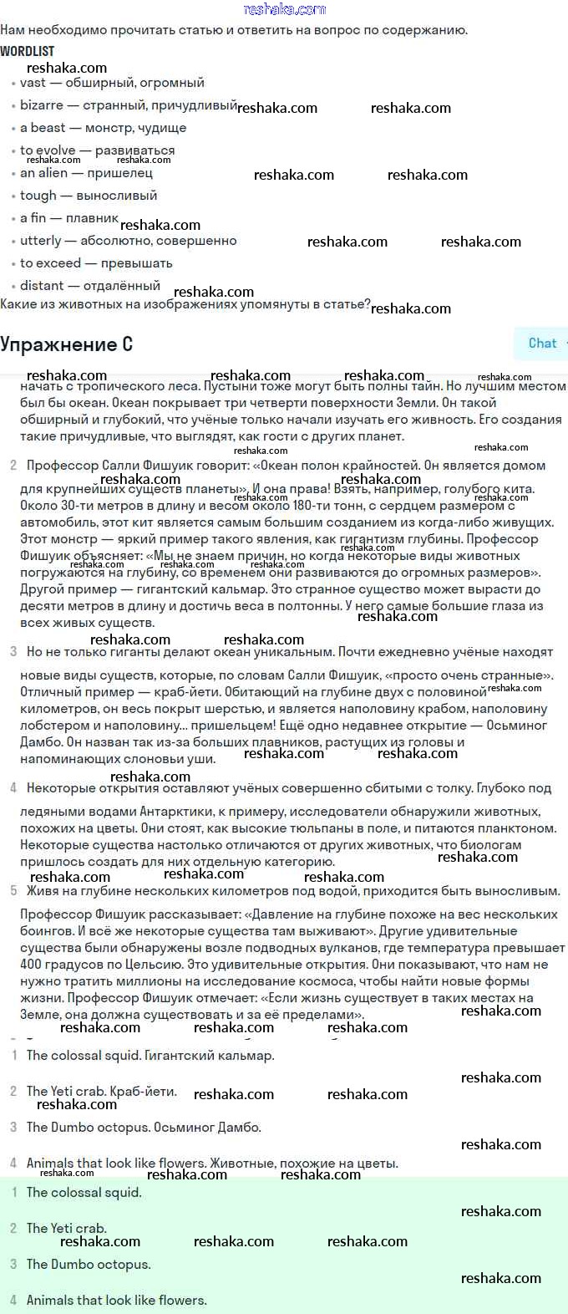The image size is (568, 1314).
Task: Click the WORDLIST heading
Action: click(27, 51)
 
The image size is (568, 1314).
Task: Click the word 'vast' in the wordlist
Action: click(33, 83)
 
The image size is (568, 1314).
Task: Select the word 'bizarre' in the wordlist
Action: click(42, 105)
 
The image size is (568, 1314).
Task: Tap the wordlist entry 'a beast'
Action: click(43, 128)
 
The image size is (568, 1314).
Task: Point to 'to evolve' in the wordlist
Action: click(48, 150)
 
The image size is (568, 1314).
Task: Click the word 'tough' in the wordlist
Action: click(38, 196)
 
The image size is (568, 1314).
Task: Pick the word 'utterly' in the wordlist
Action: click(41, 241)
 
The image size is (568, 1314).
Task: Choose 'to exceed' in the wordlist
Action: click(50, 263)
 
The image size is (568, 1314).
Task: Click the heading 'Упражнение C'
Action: click(66, 344)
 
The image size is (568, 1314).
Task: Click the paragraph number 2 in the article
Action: click(13, 466)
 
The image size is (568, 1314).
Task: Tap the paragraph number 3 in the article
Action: click(13, 651)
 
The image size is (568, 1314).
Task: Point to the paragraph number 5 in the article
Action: click(13, 891)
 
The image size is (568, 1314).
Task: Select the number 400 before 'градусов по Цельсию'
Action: click(31, 965)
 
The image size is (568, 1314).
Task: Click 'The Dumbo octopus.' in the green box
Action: click(89, 1265)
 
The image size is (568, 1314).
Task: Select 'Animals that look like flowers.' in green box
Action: click(116, 1301)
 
